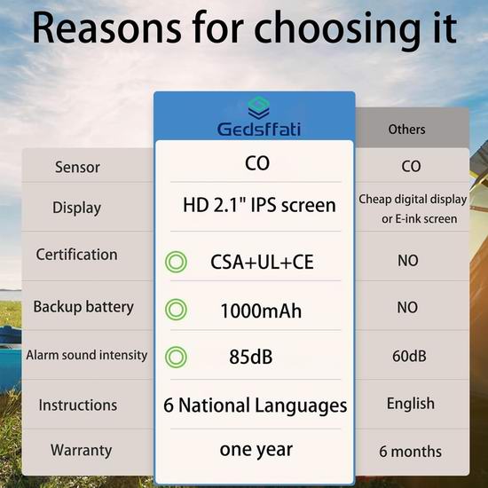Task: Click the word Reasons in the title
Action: point(106,28)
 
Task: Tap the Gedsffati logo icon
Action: point(258,107)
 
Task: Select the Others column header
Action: point(406,130)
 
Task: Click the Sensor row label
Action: point(77,167)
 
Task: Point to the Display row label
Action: point(76,208)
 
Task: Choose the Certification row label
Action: point(77,255)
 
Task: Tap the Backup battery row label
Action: point(83,307)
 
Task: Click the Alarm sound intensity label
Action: point(87,355)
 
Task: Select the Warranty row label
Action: point(82,451)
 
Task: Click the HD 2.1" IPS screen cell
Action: point(259,205)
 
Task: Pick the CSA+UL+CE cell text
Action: point(262,262)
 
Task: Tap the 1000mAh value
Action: point(261,311)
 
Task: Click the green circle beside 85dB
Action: point(176,357)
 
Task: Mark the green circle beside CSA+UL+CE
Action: point(176,262)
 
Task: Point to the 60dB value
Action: point(409,356)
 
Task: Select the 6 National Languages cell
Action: point(256,405)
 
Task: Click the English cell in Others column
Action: point(411,404)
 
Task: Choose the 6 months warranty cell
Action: point(410,452)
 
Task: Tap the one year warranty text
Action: point(256,450)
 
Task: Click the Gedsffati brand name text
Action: point(259,130)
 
